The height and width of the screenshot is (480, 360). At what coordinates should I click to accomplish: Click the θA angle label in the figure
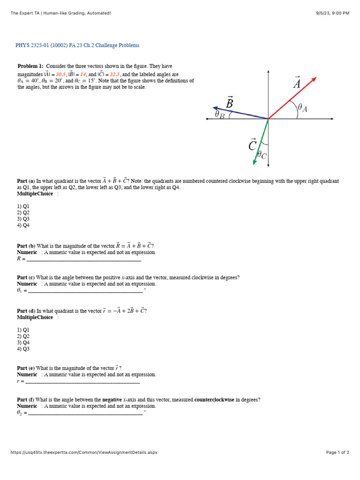302,108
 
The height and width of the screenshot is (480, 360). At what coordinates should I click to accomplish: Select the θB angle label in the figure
219,114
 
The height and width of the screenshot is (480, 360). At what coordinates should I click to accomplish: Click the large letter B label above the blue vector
230,102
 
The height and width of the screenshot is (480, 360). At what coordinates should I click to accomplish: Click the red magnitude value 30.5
60,74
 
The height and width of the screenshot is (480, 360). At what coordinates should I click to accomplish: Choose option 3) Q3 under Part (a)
23,219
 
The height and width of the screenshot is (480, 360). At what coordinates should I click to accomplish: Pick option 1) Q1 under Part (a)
23,206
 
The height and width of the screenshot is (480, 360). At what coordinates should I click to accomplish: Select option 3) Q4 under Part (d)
23,342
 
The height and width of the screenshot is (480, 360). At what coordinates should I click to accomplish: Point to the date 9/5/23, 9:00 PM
332,13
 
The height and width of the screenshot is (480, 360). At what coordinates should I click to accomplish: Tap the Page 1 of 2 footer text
337,452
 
